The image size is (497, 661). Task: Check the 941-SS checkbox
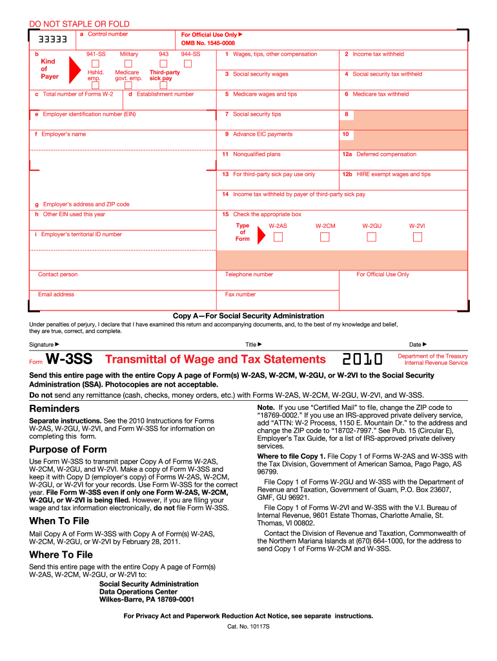[96, 64]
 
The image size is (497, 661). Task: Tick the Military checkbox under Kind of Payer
[128, 64]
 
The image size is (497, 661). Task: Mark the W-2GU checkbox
[371, 237]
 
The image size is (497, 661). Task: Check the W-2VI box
[417, 237]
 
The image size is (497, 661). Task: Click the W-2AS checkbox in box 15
[278, 237]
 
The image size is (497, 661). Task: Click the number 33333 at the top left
[52, 39]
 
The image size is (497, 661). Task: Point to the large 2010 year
[362, 360]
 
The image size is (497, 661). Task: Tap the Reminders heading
[55, 409]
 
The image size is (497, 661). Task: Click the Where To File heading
[61, 554]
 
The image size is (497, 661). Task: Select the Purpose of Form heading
[68, 449]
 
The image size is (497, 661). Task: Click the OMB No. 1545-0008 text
[208, 43]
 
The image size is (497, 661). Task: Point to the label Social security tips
[257, 114]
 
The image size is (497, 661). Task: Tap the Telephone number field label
[249, 274]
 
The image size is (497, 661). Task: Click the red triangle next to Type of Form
[261, 236]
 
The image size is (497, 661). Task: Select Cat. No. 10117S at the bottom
[249, 627]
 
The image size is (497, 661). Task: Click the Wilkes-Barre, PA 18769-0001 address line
[147, 599]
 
